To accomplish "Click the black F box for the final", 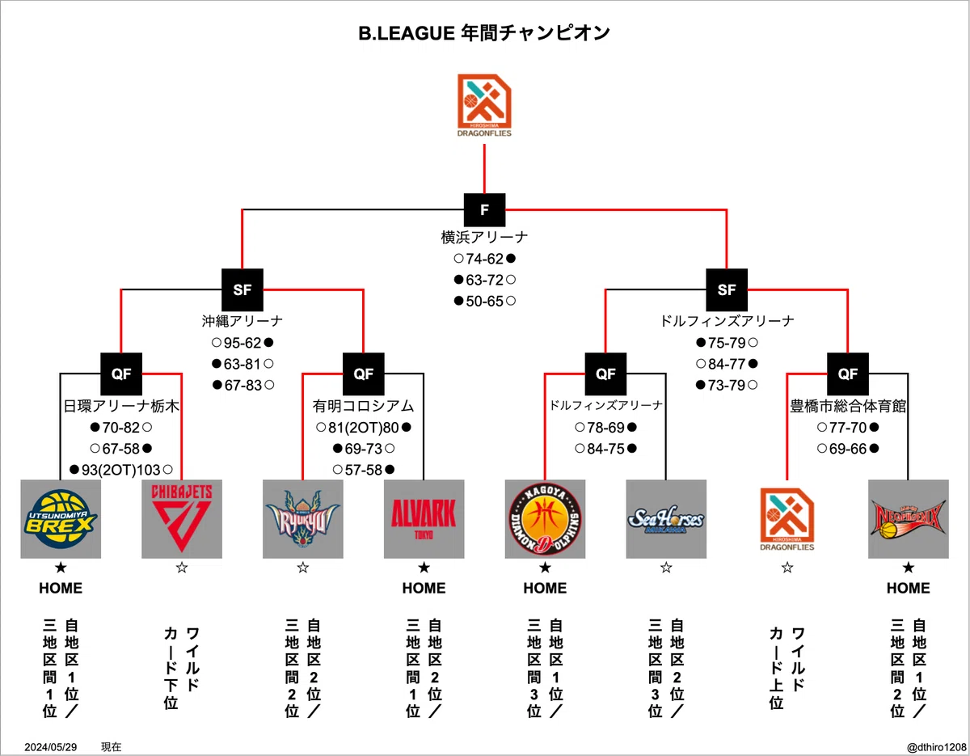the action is [x=484, y=210].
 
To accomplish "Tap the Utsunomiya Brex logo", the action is [x=61, y=519].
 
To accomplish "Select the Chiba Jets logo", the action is [x=182, y=519].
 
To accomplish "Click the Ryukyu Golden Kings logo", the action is [x=302, y=519].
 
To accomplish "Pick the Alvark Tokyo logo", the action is [x=424, y=519].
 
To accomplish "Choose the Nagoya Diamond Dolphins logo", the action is [x=545, y=519].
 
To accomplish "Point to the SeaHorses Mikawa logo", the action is [x=666, y=519].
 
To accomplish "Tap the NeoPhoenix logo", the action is [x=909, y=519].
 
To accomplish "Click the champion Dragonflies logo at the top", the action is [x=484, y=105].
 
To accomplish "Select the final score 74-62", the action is [x=485, y=259].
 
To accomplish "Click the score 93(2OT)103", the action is [x=121, y=470].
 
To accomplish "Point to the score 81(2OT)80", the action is [x=364, y=428].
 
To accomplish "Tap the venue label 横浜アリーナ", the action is [x=484, y=237].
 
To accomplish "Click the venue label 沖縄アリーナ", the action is [x=242, y=321].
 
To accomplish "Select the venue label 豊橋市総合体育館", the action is [x=848, y=406].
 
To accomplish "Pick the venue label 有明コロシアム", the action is [x=364, y=406].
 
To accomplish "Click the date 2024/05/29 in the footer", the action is [x=50, y=746].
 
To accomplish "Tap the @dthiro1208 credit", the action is [x=937, y=746].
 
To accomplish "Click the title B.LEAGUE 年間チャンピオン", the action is [x=484, y=33].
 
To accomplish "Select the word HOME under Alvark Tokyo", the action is [x=424, y=588].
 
